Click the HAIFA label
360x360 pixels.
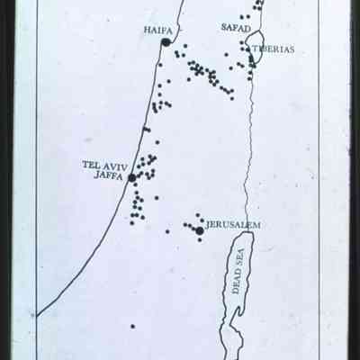(x=158, y=30)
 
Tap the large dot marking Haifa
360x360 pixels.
(x=166, y=42)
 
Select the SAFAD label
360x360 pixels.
(x=236, y=28)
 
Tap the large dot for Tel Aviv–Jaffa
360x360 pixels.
(x=131, y=178)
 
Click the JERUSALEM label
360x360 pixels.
(x=233, y=224)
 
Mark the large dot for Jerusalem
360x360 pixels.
(x=199, y=231)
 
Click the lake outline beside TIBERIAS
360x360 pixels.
(x=254, y=47)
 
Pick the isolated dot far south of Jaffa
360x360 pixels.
(x=131, y=326)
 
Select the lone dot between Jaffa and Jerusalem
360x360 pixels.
(x=166, y=231)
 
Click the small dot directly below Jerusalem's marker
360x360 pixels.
(x=200, y=240)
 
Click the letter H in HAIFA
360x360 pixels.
(x=146, y=30)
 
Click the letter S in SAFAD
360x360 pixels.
(x=224, y=28)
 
